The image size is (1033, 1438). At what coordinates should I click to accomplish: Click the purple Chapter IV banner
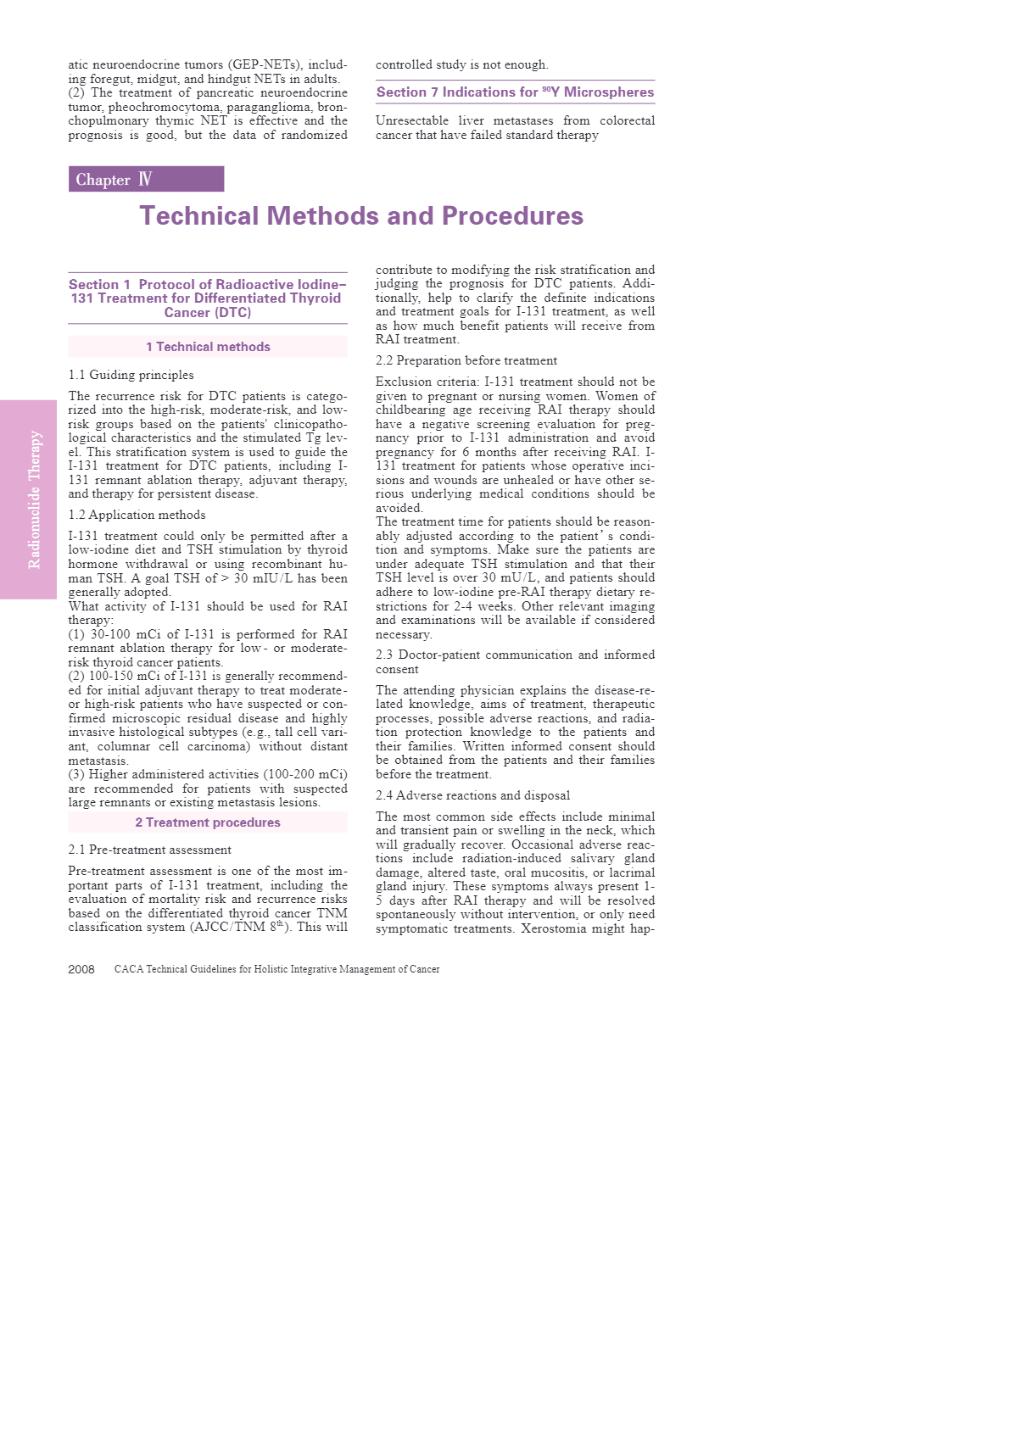(146, 179)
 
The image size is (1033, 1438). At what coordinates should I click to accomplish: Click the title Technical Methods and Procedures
(361, 216)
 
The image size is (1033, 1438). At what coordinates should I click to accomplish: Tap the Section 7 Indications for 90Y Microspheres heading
(515, 92)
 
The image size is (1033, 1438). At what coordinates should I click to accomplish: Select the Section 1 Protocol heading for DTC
(208, 298)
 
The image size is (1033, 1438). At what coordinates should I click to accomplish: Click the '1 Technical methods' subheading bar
(208, 347)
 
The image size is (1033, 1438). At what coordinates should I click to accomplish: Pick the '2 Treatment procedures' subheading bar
(208, 822)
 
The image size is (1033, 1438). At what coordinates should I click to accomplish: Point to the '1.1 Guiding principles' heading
(131, 375)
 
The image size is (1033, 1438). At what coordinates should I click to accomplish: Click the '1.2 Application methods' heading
(137, 515)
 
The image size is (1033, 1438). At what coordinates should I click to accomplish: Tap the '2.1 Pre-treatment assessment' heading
(149, 850)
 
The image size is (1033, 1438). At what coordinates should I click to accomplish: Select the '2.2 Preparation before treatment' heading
(466, 360)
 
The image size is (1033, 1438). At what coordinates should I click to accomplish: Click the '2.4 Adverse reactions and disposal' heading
(472, 795)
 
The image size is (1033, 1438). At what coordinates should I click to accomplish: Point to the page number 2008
(81, 969)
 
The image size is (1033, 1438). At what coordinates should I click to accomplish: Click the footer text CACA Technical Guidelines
(276, 969)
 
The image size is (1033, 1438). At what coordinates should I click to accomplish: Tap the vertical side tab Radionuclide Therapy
(34, 499)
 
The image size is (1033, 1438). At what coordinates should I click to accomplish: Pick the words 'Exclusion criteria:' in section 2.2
(426, 382)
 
